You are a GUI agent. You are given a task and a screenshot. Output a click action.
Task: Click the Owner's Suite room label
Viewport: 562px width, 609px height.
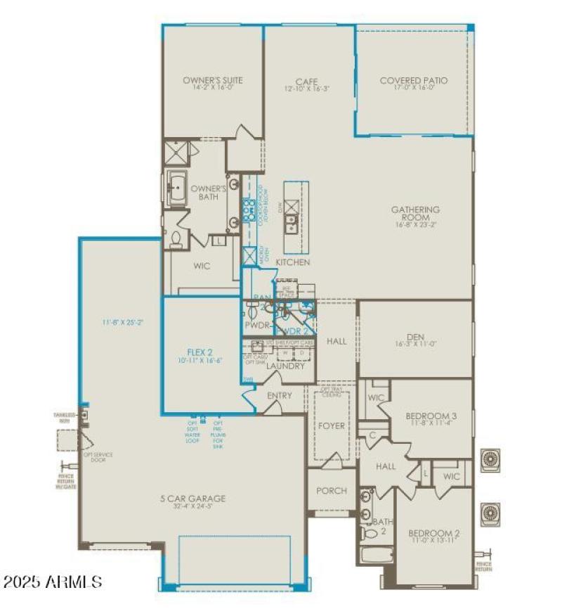tap(212, 80)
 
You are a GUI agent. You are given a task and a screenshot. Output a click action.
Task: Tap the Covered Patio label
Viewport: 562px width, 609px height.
tap(413, 80)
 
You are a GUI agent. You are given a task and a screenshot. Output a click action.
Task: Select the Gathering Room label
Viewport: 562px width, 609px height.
tap(415, 214)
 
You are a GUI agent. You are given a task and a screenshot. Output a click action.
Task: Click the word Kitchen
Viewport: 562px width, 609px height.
tap(293, 262)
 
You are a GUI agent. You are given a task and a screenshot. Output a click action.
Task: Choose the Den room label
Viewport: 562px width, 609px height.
tap(414, 337)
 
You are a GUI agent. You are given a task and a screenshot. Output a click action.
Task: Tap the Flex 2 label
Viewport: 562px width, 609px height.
tap(200, 351)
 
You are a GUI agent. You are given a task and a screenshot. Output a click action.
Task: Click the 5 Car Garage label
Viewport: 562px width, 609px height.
tap(192, 499)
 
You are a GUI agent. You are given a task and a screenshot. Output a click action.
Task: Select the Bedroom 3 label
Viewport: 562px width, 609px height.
tap(432, 416)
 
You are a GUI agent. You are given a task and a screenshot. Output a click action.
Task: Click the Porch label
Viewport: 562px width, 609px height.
tap(331, 490)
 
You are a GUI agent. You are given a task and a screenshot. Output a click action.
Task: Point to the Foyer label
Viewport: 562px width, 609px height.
tap(332, 426)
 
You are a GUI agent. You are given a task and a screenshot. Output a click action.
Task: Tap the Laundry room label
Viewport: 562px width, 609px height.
tap(285, 366)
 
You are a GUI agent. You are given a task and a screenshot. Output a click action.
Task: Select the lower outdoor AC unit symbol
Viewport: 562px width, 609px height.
tap(490, 513)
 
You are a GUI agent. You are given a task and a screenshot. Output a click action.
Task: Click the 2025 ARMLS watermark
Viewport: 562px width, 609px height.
tap(53, 582)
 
